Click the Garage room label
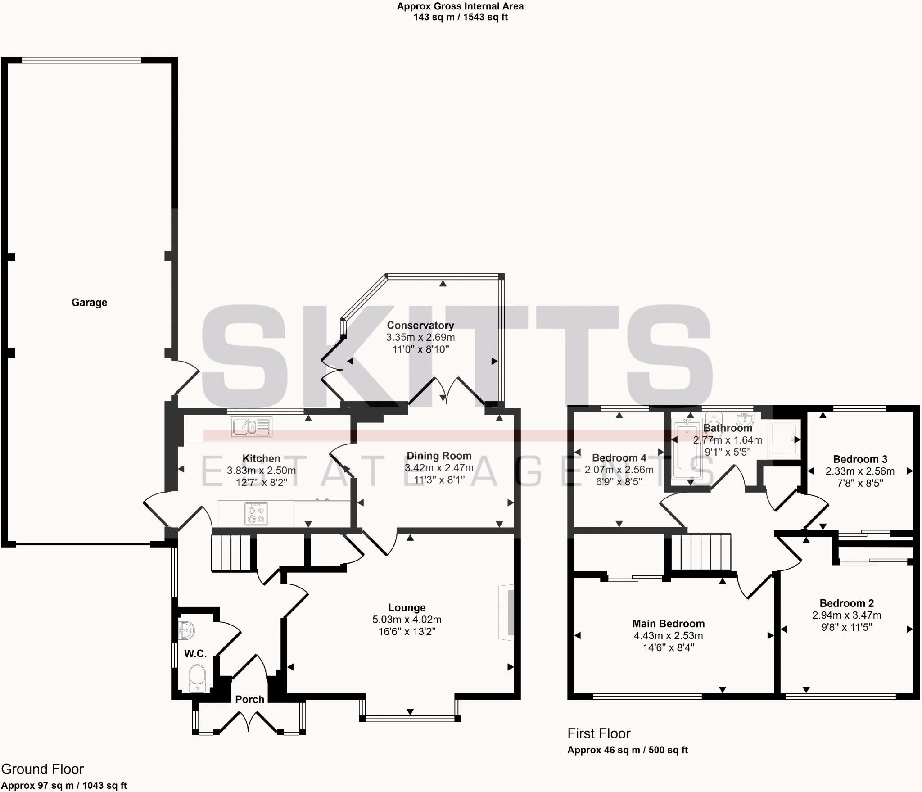89,303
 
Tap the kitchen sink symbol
251,427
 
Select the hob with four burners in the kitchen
256,514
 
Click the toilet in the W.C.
197,679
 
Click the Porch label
249,699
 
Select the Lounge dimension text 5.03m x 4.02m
407,620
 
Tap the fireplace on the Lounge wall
507,612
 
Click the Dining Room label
439,456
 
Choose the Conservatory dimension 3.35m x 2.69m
420,337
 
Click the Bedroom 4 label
619,458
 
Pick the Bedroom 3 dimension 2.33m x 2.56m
860,471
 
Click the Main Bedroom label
668,624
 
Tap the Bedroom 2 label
846,603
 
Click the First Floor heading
599,733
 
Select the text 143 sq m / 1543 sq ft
460,18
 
